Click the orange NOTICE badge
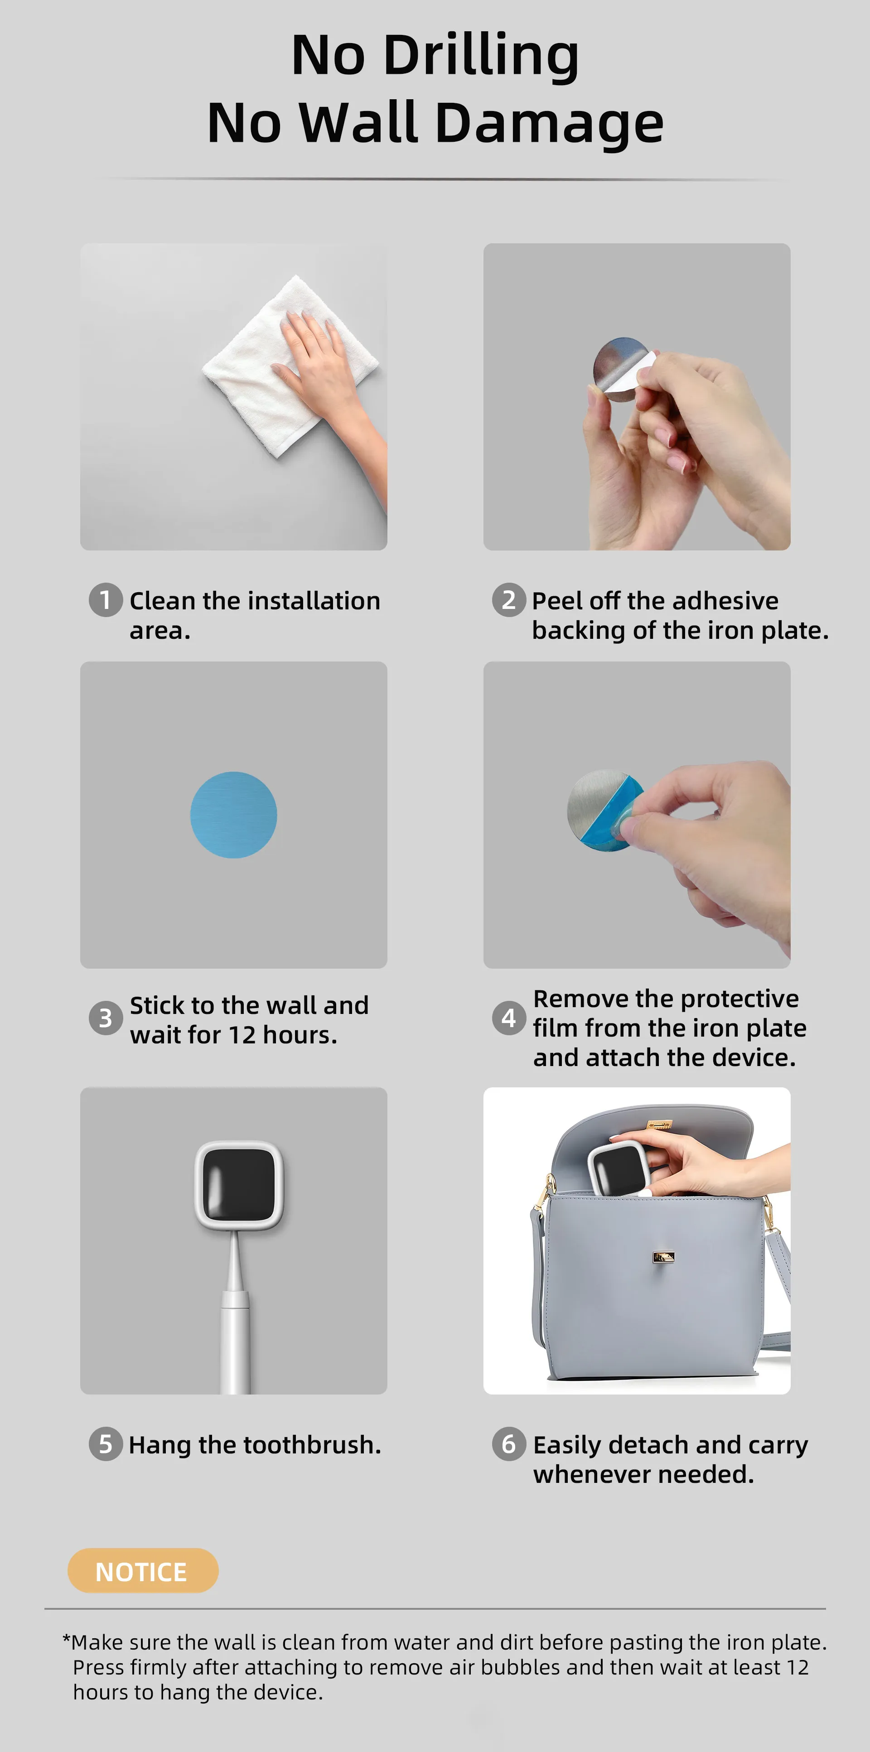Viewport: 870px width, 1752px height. (143, 1570)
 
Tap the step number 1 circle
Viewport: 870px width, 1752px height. (106, 600)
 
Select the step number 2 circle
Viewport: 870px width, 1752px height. (509, 600)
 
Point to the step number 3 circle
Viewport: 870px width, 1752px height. (106, 1018)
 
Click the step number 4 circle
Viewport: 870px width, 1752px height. (509, 1018)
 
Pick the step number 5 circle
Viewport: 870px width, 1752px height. (106, 1444)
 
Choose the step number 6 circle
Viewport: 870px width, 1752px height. (509, 1444)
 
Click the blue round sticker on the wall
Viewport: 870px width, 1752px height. (233, 815)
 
